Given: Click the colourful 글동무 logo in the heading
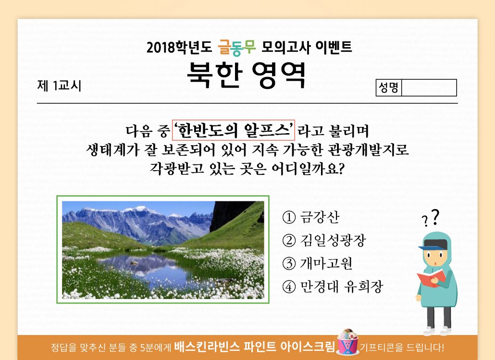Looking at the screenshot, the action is point(237,48).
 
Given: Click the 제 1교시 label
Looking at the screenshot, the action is point(59,86).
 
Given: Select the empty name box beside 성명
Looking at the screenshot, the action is point(429,87).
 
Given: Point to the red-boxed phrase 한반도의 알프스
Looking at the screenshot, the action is point(233,130).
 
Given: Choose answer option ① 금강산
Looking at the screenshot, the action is point(310,217).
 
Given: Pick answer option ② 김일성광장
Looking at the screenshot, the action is point(324,240).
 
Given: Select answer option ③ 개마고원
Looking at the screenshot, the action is point(317,263).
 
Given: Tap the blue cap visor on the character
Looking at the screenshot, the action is point(425,247).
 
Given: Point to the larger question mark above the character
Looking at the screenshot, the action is point(435,217).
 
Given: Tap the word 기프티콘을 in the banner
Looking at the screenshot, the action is point(381,348).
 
